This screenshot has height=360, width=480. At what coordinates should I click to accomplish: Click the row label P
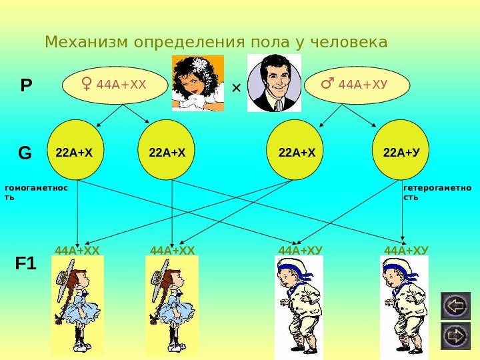[26, 85]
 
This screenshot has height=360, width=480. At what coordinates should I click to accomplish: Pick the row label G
[25, 153]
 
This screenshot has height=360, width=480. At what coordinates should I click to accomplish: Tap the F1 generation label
[26, 264]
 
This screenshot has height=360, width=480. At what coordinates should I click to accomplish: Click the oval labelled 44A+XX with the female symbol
[115, 85]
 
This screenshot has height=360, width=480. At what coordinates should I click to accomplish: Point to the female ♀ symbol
[87, 84]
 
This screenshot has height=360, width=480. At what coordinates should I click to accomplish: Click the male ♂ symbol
[328, 84]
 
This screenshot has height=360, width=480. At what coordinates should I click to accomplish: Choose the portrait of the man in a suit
[274, 83]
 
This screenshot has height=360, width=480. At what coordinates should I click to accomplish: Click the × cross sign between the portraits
[235, 87]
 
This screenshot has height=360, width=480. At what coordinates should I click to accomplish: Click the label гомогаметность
[37, 193]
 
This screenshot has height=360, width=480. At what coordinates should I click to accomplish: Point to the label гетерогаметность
[437, 193]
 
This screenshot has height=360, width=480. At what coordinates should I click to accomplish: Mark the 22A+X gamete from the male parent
[297, 150]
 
